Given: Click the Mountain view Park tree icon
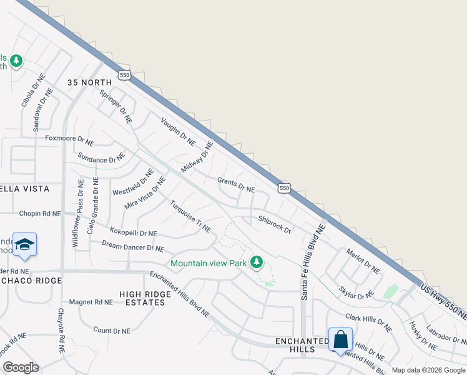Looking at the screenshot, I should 256,262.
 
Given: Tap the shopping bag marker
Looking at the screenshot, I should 341,340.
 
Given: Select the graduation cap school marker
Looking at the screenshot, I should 24,244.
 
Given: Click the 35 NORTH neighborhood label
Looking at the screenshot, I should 90,82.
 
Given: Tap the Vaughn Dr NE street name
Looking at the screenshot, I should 178,131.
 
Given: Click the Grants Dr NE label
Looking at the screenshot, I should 236,185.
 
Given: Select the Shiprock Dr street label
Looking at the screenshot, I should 275,225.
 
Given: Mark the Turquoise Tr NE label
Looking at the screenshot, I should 190,216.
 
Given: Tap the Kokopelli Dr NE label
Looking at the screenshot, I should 133,232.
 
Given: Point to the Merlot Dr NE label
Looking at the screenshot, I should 363,261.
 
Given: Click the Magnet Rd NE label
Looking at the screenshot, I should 91,302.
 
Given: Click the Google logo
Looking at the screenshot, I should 21,367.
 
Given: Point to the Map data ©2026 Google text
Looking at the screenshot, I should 429,370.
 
